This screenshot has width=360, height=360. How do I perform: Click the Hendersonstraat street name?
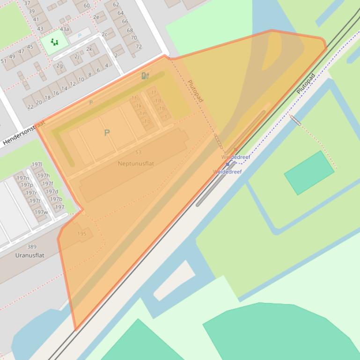(24, 133)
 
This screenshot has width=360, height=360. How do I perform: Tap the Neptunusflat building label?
(136, 164)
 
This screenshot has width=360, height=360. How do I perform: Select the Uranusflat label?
(29, 255)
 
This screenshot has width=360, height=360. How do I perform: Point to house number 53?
(138, 152)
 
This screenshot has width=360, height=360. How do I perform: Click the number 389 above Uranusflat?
(31, 247)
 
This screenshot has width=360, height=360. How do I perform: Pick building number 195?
(82, 234)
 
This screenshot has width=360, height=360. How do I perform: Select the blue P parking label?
(80, 36)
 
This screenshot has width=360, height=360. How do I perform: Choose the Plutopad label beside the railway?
(306, 83)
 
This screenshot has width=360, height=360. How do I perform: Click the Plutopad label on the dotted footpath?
(195, 91)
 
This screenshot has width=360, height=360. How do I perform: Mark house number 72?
(139, 47)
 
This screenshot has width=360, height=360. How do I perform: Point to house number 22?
(30, 107)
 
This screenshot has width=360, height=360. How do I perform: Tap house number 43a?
(64, 29)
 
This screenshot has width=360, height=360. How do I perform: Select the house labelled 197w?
(41, 212)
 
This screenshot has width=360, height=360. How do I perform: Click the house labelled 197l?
(37, 165)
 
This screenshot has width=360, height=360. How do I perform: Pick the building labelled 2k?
(89, 49)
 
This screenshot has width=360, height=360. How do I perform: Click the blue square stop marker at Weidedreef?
(228, 164)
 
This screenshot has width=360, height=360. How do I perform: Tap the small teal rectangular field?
(309, 173)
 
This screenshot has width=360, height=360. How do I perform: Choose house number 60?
(87, 6)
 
